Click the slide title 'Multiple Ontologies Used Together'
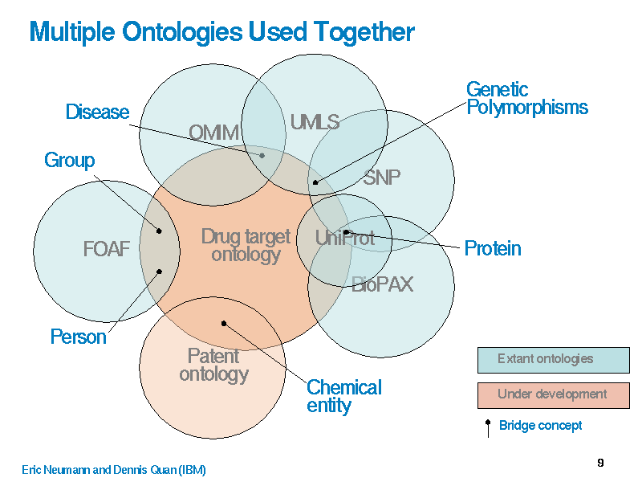click(x=221, y=32)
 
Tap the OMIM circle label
click(x=213, y=133)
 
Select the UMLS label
click(x=315, y=122)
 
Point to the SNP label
click(x=381, y=178)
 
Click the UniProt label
click(x=344, y=238)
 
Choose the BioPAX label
click(x=382, y=284)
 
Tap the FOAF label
click(x=106, y=249)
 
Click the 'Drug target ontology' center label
click(x=246, y=245)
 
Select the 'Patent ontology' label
click(x=213, y=365)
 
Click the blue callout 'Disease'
click(x=97, y=112)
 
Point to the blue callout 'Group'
click(x=69, y=161)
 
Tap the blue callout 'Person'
click(x=78, y=337)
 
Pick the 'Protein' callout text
click(x=493, y=249)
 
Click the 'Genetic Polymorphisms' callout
click(x=526, y=98)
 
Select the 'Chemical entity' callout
click(x=343, y=396)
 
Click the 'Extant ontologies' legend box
click(x=553, y=360)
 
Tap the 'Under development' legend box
click(x=553, y=394)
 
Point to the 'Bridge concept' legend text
click(x=540, y=426)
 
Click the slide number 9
click(x=600, y=463)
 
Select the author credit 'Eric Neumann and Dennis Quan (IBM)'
click(x=113, y=470)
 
